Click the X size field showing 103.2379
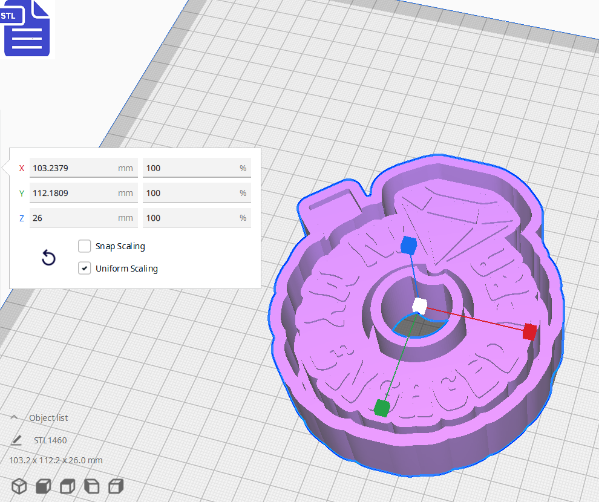point(73,168)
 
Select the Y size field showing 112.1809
point(73,193)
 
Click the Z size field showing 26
point(73,218)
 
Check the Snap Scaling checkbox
point(85,246)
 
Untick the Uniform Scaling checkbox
point(85,269)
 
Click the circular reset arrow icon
point(48,258)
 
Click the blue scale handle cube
point(409,245)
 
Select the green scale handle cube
point(381,408)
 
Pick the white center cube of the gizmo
point(419,305)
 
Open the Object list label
point(48,418)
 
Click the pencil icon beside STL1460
point(16,440)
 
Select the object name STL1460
point(50,440)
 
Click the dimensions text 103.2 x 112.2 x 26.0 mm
point(56,460)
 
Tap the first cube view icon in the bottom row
point(19,486)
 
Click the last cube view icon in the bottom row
point(116,486)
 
